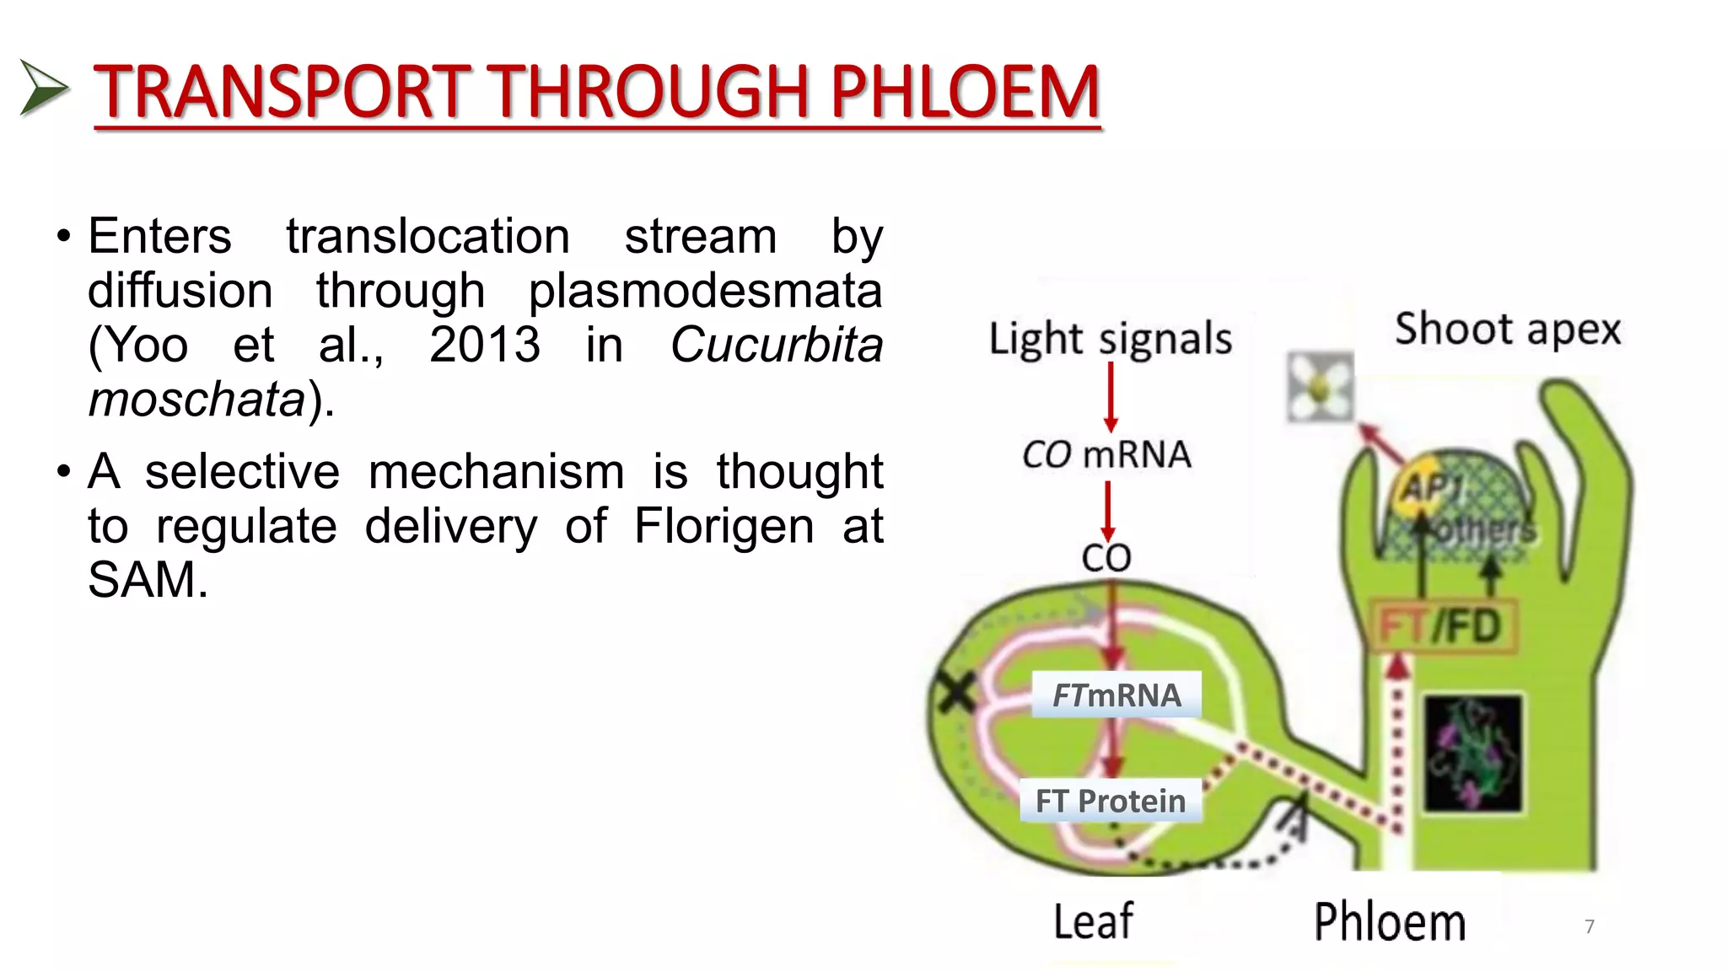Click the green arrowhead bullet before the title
[x=42, y=88]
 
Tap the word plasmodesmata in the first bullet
[x=705, y=291]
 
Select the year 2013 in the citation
[x=485, y=345]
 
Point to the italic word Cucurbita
[x=776, y=345]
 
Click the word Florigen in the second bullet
[x=724, y=526]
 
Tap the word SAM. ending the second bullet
[x=148, y=580]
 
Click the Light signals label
[x=1110, y=339]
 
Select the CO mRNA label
[x=1106, y=455]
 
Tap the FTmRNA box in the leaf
[x=1116, y=695]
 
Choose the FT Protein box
[x=1110, y=801]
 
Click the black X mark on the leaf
[x=956, y=693]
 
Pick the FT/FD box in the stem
[x=1442, y=626]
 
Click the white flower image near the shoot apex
[x=1320, y=388]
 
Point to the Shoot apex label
[x=1507, y=329]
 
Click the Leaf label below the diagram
[x=1093, y=921]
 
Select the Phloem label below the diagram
[x=1389, y=922]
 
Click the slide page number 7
[x=1590, y=926]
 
